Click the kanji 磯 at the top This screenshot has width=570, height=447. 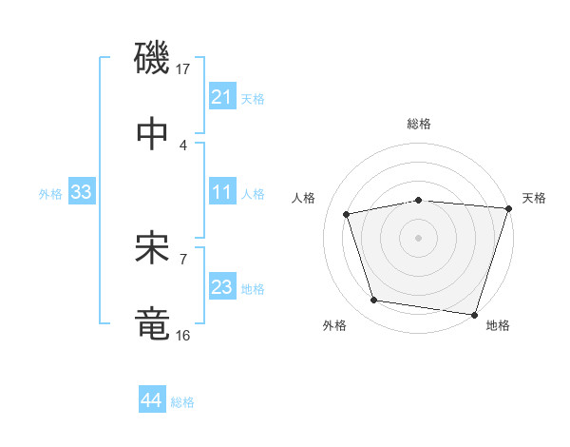(x=153, y=58)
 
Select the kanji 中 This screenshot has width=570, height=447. (x=153, y=132)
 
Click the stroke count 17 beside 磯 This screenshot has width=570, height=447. (x=184, y=69)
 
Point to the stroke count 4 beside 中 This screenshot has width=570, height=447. (x=182, y=145)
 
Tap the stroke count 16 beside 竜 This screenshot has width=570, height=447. (x=183, y=335)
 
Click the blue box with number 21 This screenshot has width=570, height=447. (x=221, y=97)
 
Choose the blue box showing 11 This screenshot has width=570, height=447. (x=221, y=193)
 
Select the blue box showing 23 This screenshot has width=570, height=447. (x=221, y=288)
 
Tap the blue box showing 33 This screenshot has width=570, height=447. (x=82, y=193)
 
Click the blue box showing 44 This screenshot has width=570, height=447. (x=151, y=400)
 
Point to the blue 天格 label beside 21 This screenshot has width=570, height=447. (x=253, y=98)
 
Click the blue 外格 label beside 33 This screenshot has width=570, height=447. (x=50, y=194)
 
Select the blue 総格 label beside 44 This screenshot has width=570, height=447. (x=182, y=402)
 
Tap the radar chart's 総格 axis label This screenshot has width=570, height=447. (x=419, y=124)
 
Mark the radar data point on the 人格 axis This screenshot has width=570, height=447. (x=348, y=214)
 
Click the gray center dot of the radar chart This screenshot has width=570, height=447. (x=419, y=237)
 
